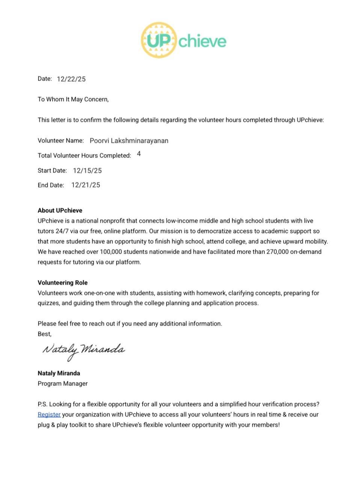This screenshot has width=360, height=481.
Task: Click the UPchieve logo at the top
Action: pyautogui.click(x=184, y=40)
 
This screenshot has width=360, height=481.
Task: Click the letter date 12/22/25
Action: pyautogui.click(x=71, y=79)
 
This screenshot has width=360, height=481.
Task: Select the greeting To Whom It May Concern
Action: pyautogui.click(x=73, y=99)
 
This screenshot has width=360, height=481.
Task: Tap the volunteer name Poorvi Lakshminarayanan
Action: pyautogui.click(x=129, y=141)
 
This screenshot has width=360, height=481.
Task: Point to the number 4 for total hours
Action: pyautogui.click(x=139, y=154)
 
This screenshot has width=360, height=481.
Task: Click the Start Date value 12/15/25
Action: pyautogui.click(x=87, y=171)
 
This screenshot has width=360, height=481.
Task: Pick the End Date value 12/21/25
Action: pyautogui.click(x=86, y=185)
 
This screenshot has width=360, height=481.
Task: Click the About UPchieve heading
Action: pyautogui.click(x=60, y=210)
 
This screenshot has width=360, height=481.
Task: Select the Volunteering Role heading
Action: pyautogui.click(x=62, y=283)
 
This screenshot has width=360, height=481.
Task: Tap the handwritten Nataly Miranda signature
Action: pyautogui.click(x=83, y=350)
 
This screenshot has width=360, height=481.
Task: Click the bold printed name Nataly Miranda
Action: pyautogui.click(x=59, y=373)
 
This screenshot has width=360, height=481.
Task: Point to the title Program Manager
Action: pyautogui.click(x=62, y=383)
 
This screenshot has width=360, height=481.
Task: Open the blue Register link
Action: pyautogui.click(x=49, y=414)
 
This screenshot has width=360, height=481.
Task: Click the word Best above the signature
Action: pyautogui.click(x=44, y=334)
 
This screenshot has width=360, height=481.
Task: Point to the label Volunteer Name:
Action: pyautogui.click(x=60, y=141)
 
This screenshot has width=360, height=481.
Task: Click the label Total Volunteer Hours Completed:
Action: pyautogui.click(x=84, y=156)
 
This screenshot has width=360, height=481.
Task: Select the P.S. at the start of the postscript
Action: pyautogui.click(x=42, y=404)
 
